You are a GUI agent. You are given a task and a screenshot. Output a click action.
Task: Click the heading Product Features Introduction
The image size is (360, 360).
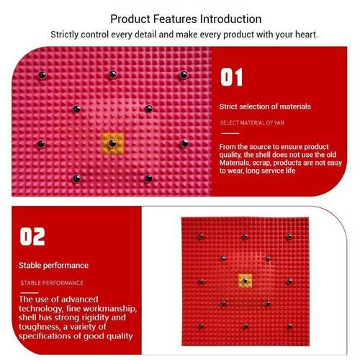pos(186,19)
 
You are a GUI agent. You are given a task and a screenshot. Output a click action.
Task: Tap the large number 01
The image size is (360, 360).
pos(232,78)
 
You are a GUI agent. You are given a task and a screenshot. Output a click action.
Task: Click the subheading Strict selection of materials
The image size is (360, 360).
pos(265,107)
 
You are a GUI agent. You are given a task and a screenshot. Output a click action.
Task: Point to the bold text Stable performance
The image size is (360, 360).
pos(54,266)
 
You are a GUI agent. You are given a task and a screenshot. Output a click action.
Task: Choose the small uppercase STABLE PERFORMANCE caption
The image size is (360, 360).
pos(51,283)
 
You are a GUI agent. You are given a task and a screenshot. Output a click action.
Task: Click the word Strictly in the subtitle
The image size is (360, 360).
pos(67,34)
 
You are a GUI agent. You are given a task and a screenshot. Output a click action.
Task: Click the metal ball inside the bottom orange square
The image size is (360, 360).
pos(245,280)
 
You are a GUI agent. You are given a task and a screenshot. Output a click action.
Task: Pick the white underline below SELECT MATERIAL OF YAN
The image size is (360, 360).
pos(229,133)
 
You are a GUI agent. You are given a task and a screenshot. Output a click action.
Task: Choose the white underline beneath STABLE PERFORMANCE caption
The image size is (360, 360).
pos(29,292)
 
